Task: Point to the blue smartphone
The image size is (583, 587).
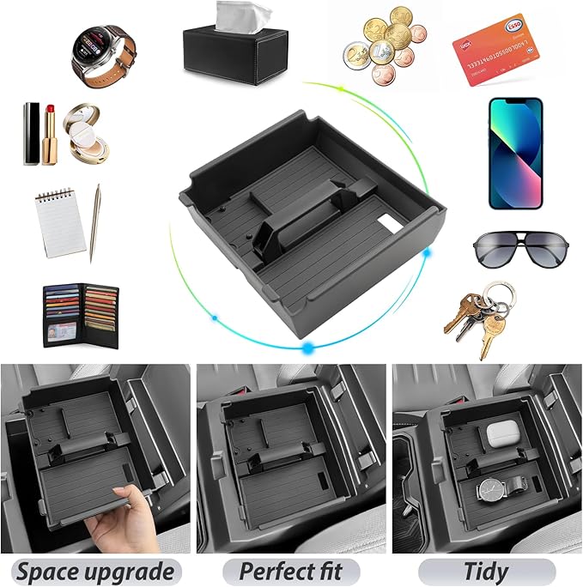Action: [x=515, y=153]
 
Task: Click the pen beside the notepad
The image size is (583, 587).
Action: [x=94, y=222]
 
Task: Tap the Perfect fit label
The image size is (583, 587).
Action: [x=291, y=571]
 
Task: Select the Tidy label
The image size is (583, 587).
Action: [x=486, y=571]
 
